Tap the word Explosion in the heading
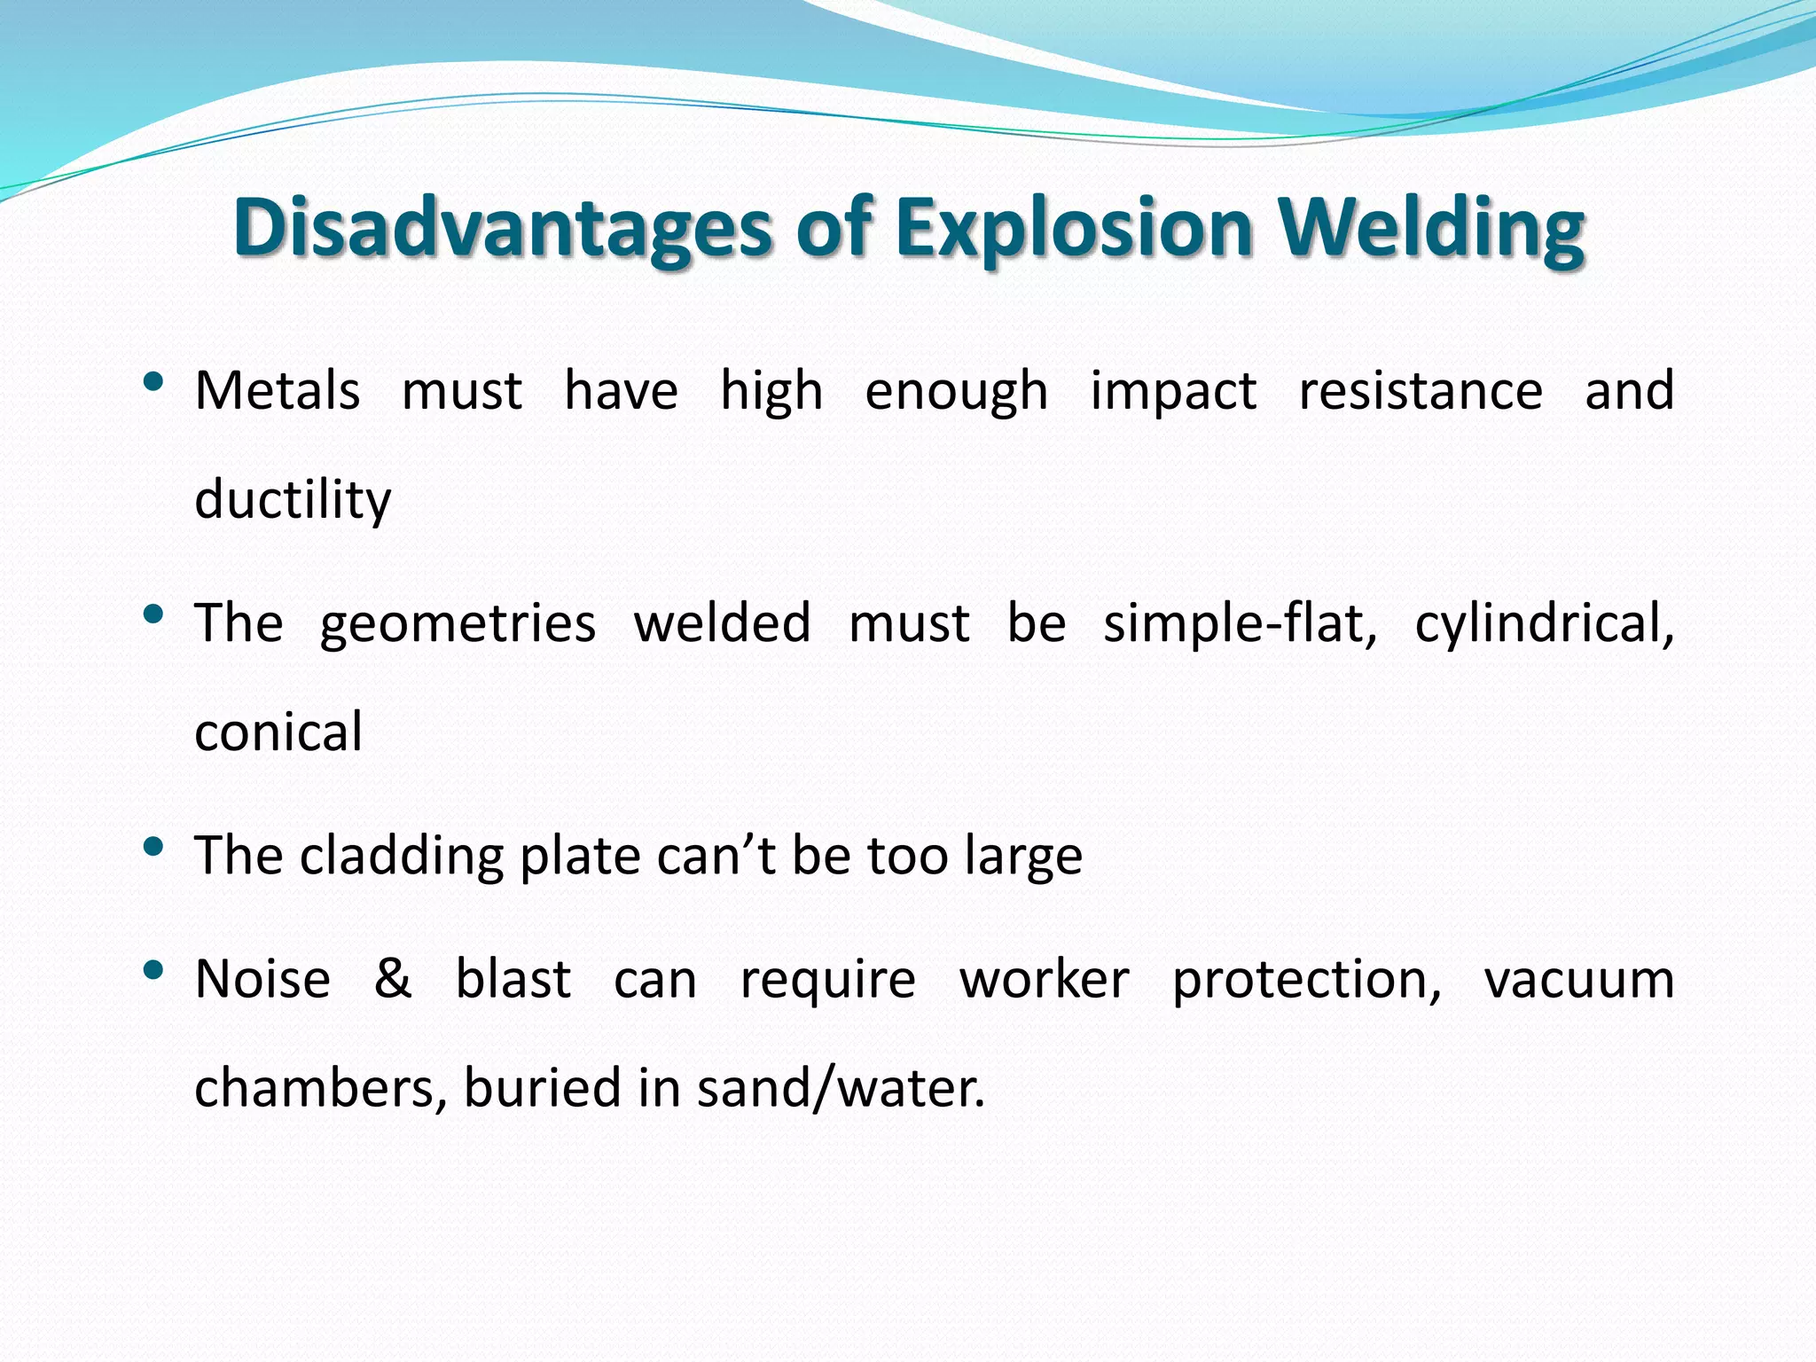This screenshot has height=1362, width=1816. coord(1074,228)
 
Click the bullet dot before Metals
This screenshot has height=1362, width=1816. coord(153,382)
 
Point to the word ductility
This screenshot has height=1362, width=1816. coord(293,499)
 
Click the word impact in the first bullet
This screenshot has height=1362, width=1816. coord(1172,391)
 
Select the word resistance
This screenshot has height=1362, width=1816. coord(1421,391)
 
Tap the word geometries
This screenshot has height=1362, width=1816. coord(458,623)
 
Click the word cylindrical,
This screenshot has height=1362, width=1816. coord(1544,623)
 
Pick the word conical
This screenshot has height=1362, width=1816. coord(278,732)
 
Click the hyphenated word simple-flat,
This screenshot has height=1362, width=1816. coord(1240,623)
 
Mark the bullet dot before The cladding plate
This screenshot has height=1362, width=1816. coord(153,847)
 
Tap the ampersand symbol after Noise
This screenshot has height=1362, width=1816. coord(392,979)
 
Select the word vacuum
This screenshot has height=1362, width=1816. coord(1578,980)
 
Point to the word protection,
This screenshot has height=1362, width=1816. coord(1307,980)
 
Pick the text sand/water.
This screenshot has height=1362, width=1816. coord(840,1088)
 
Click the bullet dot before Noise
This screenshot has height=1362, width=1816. coord(153,971)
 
